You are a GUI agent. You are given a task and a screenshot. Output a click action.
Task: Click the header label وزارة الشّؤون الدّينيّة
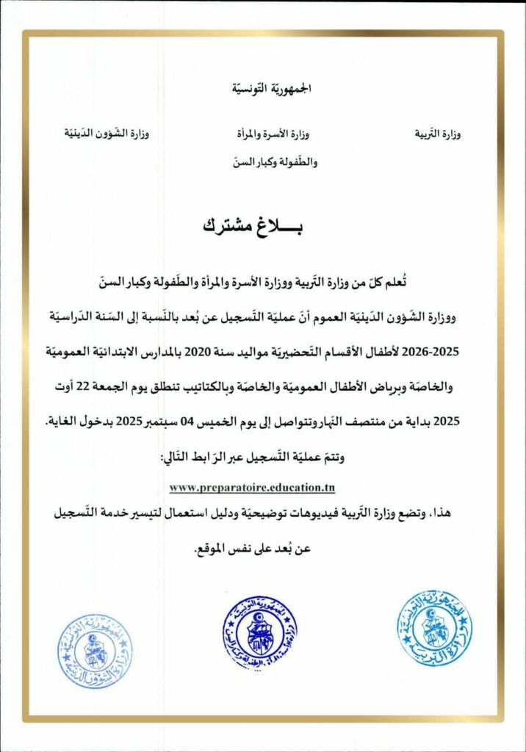104,134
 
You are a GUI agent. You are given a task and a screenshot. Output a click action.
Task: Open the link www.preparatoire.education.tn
252,487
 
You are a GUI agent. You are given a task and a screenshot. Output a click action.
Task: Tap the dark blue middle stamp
260,634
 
